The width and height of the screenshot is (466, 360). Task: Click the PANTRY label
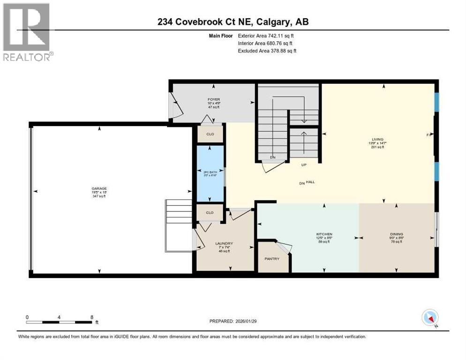(272, 259)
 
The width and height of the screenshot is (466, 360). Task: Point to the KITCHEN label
(324, 234)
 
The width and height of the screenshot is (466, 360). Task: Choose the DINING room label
(396, 234)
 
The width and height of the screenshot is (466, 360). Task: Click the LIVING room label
(377, 139)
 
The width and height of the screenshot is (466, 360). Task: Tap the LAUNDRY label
(224, 243)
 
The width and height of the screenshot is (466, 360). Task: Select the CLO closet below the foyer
(210, 134)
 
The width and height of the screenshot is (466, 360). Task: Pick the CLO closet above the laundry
(210, 212)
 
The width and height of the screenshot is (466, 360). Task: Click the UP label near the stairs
(303, 165)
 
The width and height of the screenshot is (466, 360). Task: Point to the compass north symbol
(429, 317)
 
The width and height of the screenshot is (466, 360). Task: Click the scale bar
(59, 322)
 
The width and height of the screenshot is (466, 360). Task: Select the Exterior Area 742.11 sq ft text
(266, 35)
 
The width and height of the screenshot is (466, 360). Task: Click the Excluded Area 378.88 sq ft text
(267, 51)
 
